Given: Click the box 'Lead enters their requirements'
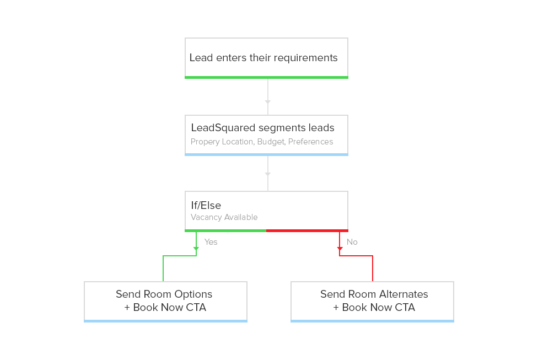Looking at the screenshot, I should [x=266, y=57].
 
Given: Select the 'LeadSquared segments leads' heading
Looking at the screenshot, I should [x=262, y=128].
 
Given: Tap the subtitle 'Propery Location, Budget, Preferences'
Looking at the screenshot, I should [x=262, y=142].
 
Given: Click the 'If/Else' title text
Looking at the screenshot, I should [x=206, y=206].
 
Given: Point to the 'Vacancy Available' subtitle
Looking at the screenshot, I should [x=224, y=217].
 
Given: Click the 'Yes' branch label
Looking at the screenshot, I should [x=211, y=242].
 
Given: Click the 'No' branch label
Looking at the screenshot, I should [x=352, y=242].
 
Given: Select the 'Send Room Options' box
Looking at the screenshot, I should [x=165, y=301].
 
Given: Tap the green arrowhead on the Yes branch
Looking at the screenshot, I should [x=196, y=249].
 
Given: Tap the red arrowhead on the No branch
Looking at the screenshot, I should [x=340, y=249].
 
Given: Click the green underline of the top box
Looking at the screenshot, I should [x=266, y=77].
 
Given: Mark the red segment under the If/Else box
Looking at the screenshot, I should [x=307, y=230].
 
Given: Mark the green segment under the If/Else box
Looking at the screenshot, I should [x=225, y=230].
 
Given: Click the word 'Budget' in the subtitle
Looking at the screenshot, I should [x=270, y=142].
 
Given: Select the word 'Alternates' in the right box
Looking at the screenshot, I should [x=401, y=294].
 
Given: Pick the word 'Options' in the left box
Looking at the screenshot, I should [x=193, y=294].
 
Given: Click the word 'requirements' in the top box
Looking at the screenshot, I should [x=305, y=58].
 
